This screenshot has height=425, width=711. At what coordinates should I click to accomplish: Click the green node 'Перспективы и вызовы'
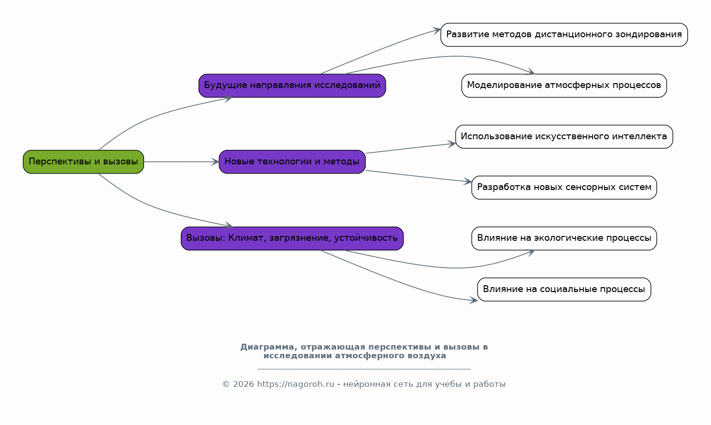tap(84, 162)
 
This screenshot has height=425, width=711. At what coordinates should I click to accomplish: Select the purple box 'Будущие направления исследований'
tap(292, 86)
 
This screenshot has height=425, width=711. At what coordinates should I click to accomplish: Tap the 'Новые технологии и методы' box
tap(292, 162)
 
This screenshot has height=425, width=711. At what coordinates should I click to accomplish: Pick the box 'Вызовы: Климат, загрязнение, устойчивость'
tap(292, 238)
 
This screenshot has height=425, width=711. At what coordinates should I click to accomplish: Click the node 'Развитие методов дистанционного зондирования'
tap(564, 35)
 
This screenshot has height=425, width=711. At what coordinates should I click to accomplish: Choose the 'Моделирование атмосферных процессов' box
tap(564, 86)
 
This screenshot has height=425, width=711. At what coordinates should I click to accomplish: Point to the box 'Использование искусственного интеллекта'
tap(564, 137)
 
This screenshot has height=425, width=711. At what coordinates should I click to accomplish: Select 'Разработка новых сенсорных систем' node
tap(564, 188)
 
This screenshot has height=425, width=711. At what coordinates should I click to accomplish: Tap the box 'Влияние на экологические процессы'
tap(564, 238)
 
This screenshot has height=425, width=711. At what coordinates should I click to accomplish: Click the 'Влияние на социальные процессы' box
tap(564, 290)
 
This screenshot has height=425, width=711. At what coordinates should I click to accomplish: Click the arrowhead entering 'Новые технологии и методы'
tap(215, 162)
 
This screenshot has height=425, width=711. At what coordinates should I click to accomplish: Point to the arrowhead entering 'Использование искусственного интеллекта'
tap(451, 144)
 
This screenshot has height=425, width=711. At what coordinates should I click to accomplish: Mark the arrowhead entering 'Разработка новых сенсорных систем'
tap(468, 181)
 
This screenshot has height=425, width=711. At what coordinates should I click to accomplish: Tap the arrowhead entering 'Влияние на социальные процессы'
tap(474, 300)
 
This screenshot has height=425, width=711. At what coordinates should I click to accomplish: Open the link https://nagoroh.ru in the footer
tap(295, 384)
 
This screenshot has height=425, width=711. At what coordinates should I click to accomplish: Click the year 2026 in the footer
tap(244, 384)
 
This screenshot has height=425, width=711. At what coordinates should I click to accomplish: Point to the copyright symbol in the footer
tap(226, 384)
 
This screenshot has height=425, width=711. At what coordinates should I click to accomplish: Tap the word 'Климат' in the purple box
tap(247, 238)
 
